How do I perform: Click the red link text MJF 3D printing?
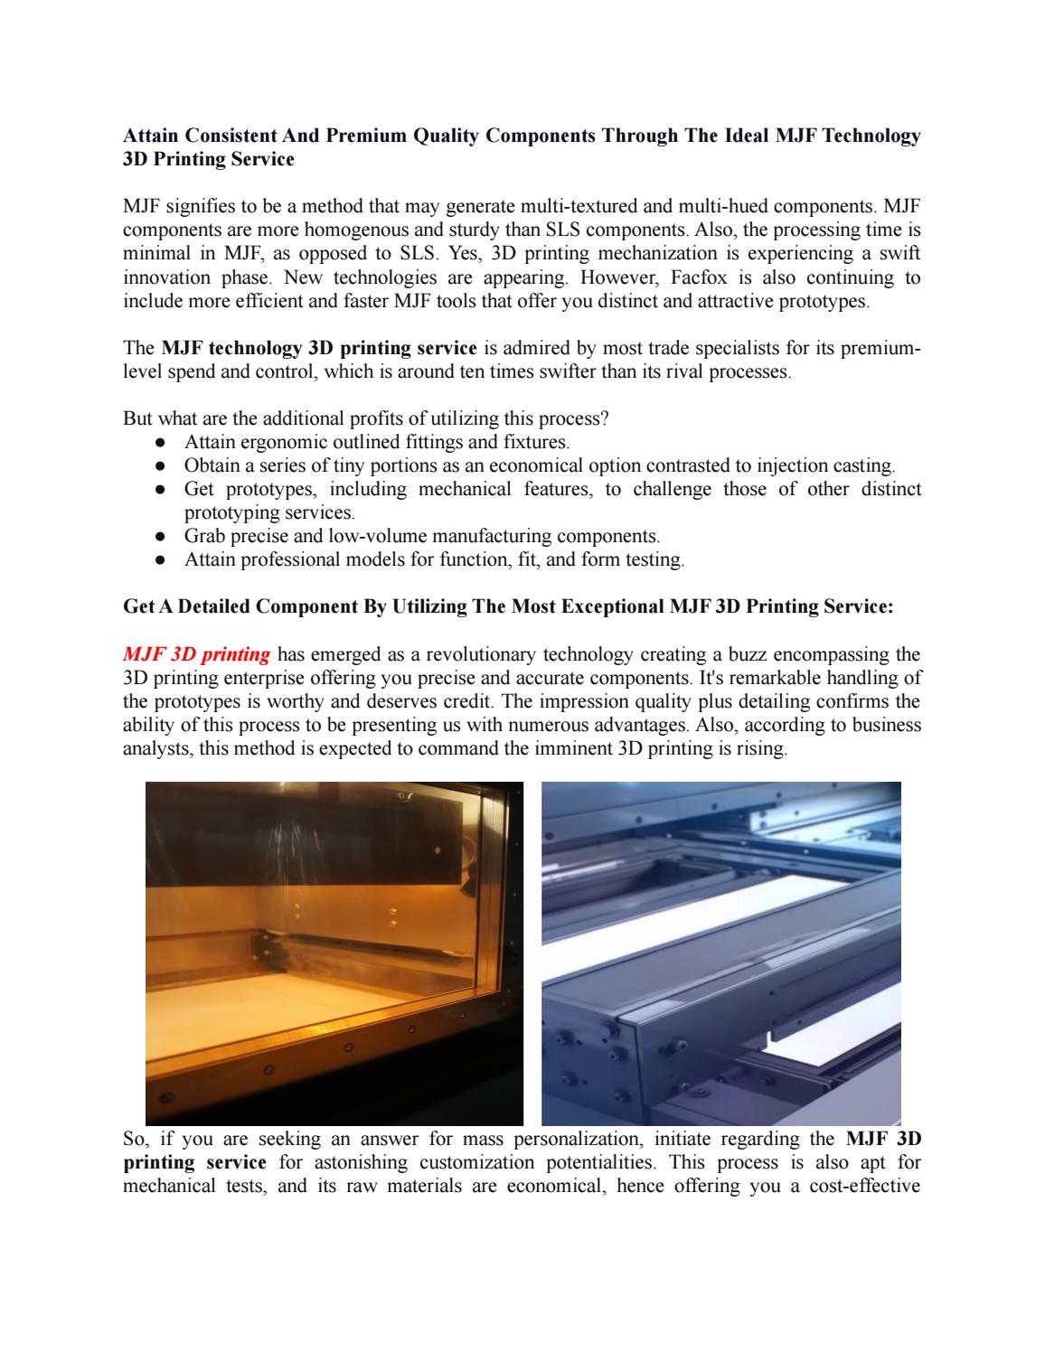click(x=196, y=654)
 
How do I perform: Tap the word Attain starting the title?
click(x=151, y=136)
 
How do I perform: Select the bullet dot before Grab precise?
click(x=159, y=536)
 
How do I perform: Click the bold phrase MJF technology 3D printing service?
click(x=318, y=348)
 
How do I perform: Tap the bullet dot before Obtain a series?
click(x=159, y=465)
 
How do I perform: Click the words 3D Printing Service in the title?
click(x=208, y=159)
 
